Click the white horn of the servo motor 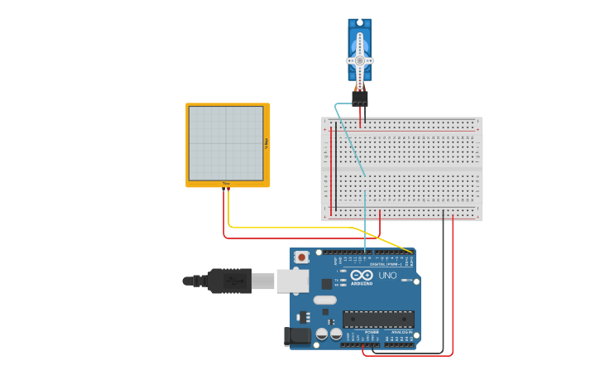click(359, 60)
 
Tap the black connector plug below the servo click(359, 98)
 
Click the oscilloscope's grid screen click(226, 142)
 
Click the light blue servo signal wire click(364, 224)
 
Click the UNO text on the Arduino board click(387, 275)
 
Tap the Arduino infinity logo click(362, 275)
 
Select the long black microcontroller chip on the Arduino click(378, 319)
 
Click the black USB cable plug click(229, 281)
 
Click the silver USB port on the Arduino click(291, 281)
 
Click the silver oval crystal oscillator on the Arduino click(325, 300)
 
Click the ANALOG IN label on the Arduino click(401, 332)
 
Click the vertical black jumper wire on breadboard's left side click(335, 166)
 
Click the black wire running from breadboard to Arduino click(443, 281)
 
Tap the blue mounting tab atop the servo click(359, 24)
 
